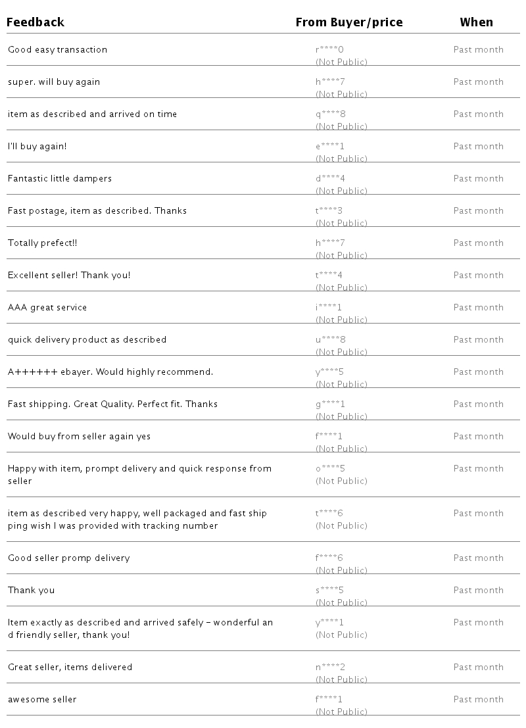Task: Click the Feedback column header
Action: pyautogui.click(x=36, y=22)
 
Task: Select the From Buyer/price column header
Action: pyautogui.click(x=348, y=22)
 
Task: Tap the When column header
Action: pyautogui.click(x=476, y=22)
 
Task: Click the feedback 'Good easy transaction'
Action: pyautogui.click(x=57, y=50)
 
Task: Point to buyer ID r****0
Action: pyautogui.click(x=329, y=50)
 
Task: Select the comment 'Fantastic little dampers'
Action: pyautogui.click(x=60, y=179)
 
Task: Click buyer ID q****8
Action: pyautogui.click(x=330, y=114)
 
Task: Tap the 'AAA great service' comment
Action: pyautogui.click(x=47, y=308)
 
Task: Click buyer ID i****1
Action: pyautogui.click(x=329, y=308)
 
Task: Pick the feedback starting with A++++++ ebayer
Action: pyautogui.click(x=110, y=372)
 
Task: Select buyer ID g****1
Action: pyautogui.click(x=330, y=404)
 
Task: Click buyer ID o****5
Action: pyautogui.click(x=330, y=469)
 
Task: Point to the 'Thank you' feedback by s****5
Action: pyautogui.click(x=31, y=591)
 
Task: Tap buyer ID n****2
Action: pyautogui.click(x=330, y=667)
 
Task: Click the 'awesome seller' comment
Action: pyautogui.click(x=42, y=700)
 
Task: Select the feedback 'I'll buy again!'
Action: pyautogui.click(x=37, y=147)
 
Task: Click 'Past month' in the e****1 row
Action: pyautogui.click(x=478, y=147)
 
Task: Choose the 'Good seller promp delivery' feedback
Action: pyautogui.click(x=69, y=558)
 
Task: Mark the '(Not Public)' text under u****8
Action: pyautogui.click(x=341, y=352)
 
